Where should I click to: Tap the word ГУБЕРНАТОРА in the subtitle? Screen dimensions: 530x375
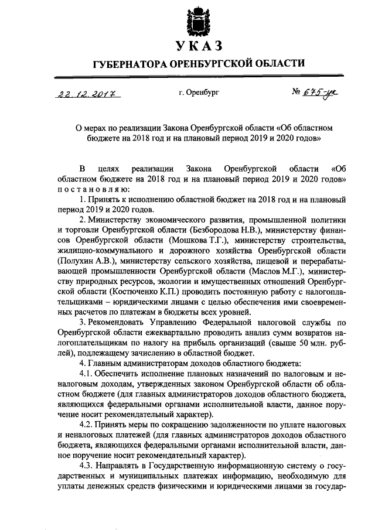click(x=123, y=64)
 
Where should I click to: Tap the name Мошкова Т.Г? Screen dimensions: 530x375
click(x=200, y=240)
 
